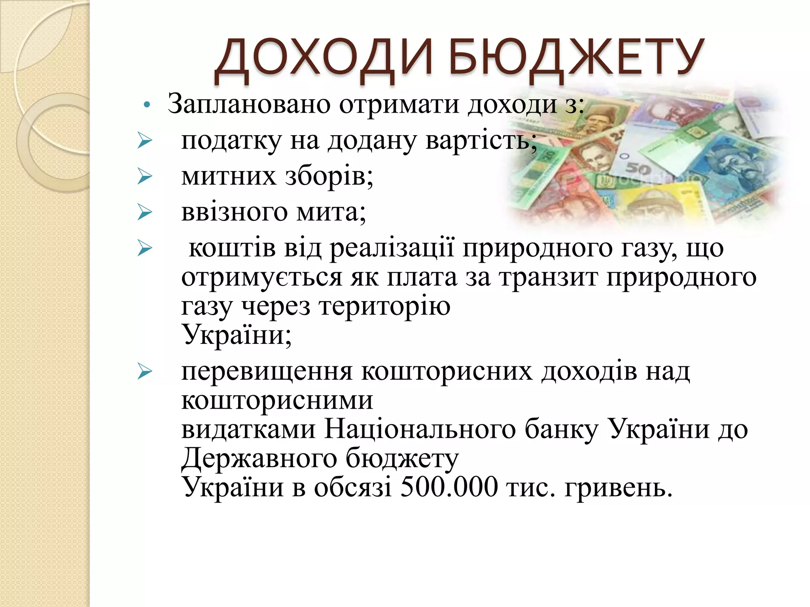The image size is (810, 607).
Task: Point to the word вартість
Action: click(x=481, y=141)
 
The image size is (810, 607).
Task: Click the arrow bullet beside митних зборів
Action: click(x=145, y=176)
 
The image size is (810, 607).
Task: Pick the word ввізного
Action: click(x=234, y=212)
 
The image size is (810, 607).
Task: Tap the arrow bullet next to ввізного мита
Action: click(x=145, y=212)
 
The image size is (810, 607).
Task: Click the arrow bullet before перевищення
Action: click(x=145, y=372)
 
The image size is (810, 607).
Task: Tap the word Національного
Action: click(x=420, y=430)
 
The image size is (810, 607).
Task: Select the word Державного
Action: click(x=259, y=458)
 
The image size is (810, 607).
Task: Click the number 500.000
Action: click(x=449, y=487)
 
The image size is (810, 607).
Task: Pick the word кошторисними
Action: click(x=277, y=401)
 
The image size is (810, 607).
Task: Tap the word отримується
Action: click(x=261, y=277)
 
